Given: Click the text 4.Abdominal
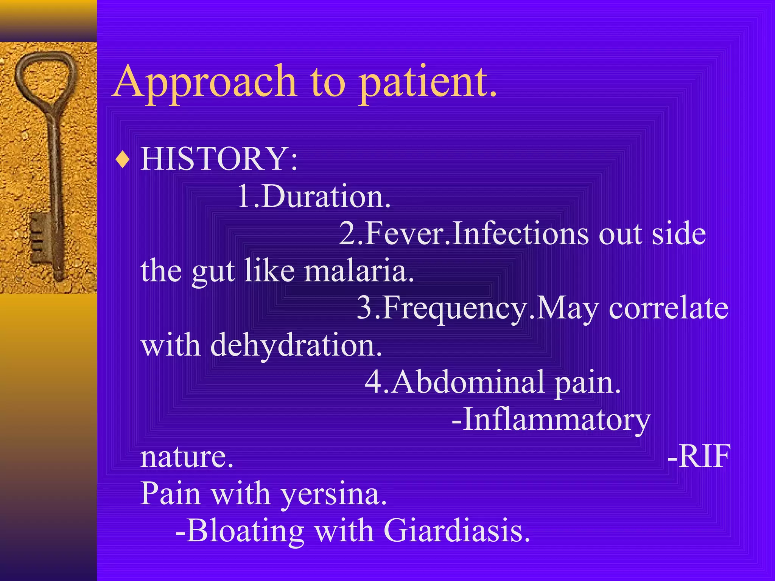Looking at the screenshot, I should click(454, 382).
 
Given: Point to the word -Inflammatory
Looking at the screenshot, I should click(551, 419).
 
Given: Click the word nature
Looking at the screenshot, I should click(187, 457).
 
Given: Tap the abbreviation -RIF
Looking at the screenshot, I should click(699, 457).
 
